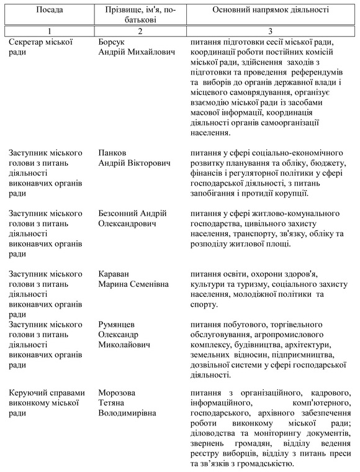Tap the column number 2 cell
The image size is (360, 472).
[141, 30]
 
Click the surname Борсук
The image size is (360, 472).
[113, 42]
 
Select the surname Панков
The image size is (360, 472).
[113, 153]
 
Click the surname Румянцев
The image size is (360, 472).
[118, 324]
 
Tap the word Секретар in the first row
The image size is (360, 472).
[29, 42]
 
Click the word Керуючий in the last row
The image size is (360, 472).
[29, 393]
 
